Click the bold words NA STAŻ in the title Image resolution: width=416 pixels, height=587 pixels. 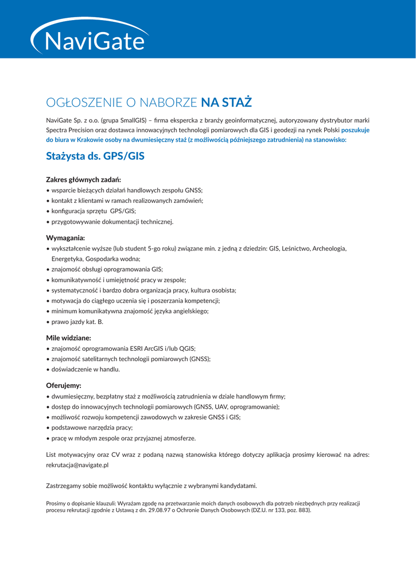(x=227, y=103)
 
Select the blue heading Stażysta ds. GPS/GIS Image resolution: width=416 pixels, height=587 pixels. (x=95, y=156)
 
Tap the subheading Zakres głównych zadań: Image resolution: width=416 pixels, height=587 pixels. (x=83, y=179)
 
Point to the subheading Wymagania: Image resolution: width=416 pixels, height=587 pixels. (x=65, y=237)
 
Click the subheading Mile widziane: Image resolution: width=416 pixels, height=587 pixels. (x=68, y=338)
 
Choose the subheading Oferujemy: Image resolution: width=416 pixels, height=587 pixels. (x=64, y=385)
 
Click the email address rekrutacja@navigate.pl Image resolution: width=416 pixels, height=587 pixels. (x=77, y=465)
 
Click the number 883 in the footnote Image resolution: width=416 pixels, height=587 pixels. (x=302, y=510)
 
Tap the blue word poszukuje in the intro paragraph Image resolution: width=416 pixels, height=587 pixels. (x=355, y=130)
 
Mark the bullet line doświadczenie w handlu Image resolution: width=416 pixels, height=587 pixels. (x=85, y=369)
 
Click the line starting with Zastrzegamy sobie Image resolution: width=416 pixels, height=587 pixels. (x=151, y=486)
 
